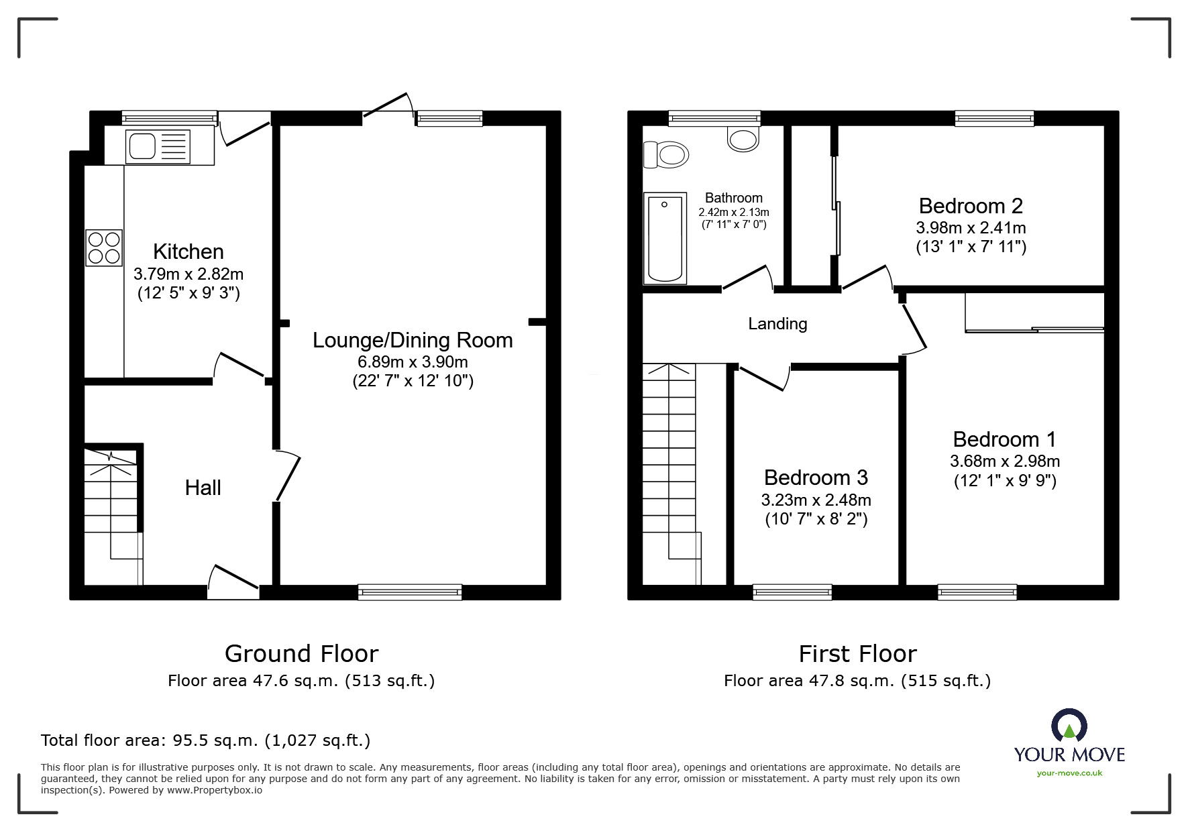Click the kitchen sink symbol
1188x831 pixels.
(158, 147)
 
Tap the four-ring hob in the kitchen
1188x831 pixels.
(104, 247)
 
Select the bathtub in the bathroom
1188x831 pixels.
(665, 238)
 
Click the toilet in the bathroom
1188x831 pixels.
(666, 155)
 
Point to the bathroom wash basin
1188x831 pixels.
(743, 139)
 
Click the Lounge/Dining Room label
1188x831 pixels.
(413, 340)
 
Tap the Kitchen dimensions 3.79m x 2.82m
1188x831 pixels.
(188, 274)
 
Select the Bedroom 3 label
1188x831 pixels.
(816, 478)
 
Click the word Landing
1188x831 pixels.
(777, 324)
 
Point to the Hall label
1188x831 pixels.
(203, 488)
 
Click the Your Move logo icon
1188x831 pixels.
(1069, 726)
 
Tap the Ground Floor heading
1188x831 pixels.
(301, 653)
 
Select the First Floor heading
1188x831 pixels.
(857, 653)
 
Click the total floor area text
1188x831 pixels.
(205, 740)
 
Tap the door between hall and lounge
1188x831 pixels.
(286, 476)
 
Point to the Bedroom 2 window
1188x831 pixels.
(994, 119)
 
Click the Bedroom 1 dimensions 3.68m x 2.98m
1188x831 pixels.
(1004, 461)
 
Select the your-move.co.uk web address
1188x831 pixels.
(1069, 773)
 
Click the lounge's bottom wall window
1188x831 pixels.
(410, 592)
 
